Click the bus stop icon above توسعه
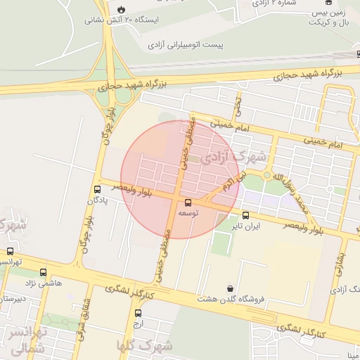[x=188, y=202]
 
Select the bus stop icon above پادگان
[x=97, y=189]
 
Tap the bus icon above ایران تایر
[x=245, y=215]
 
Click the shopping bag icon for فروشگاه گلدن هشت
[x=231, y=288]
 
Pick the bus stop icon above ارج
[x=138, y=314]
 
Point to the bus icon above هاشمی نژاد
[x=44, y=272]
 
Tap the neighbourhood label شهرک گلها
[x=146, y=345]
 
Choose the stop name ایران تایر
[x=247, y=226]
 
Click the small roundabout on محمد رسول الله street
[x=267, y=175]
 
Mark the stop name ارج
[x=139, y=325]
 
